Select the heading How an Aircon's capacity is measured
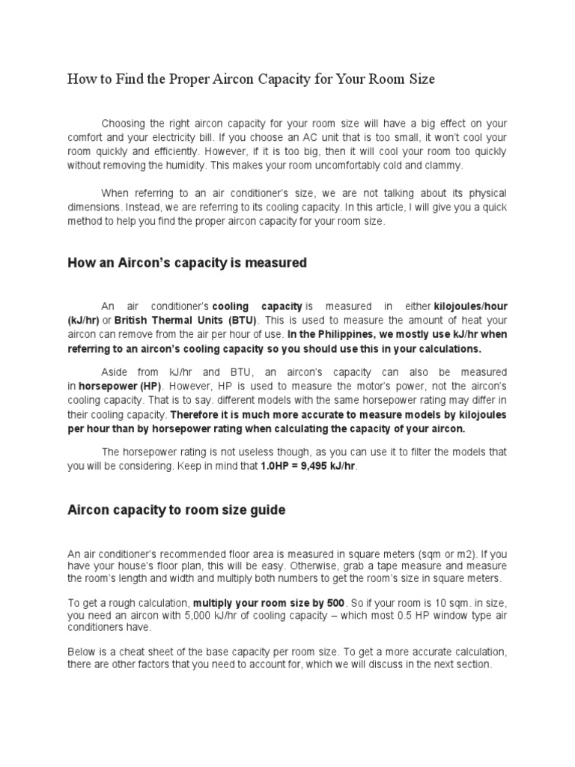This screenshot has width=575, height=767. (187, 263)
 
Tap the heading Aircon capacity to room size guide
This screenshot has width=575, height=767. (177, 510)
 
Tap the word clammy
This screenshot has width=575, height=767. (445, 166)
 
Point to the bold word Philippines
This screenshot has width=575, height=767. (350, 334)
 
